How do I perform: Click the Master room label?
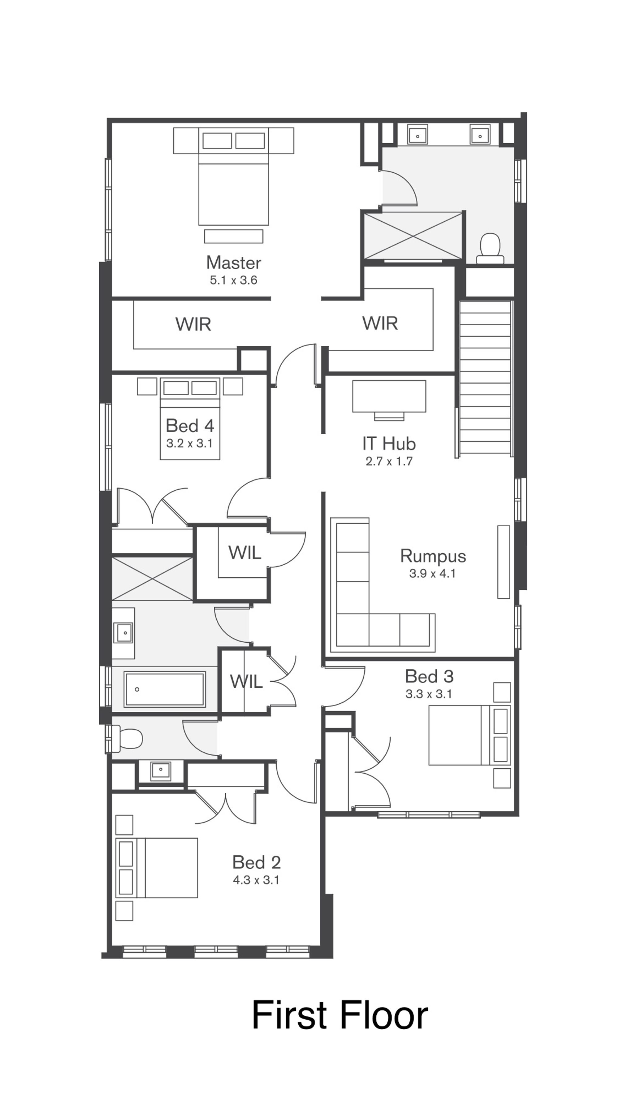pos(233,263)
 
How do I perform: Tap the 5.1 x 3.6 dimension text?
pos(233,280)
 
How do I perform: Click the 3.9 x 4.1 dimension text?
pos(432,574)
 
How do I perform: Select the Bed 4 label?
pos(190,426)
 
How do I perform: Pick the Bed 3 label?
pos(429,676)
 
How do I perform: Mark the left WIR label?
pos(193,324)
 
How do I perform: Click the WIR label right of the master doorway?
pos(380,323)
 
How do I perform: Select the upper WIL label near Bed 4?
pos(245,553)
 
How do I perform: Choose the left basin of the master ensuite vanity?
pos(418,134)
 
